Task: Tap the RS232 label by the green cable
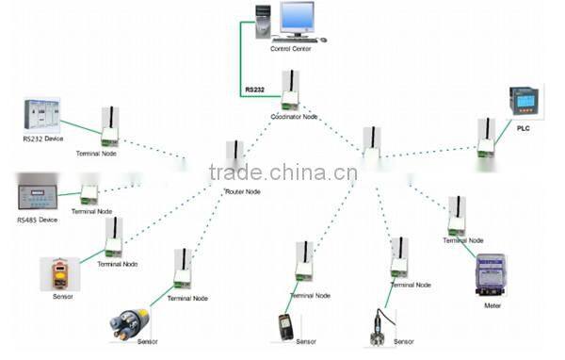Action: tap(254, 90)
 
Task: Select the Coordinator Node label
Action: tap(294, 117)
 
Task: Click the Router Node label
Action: tap(242, 191)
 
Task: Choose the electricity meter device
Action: tap(491, 275)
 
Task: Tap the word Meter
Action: tap(492, 306)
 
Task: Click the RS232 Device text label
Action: tap(42, 139)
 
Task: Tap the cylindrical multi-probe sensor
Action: tap(129, 319)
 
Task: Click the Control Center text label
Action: tap(290, 48)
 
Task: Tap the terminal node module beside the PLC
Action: tap(486, 137)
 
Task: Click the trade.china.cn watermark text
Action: tap(282, 172)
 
